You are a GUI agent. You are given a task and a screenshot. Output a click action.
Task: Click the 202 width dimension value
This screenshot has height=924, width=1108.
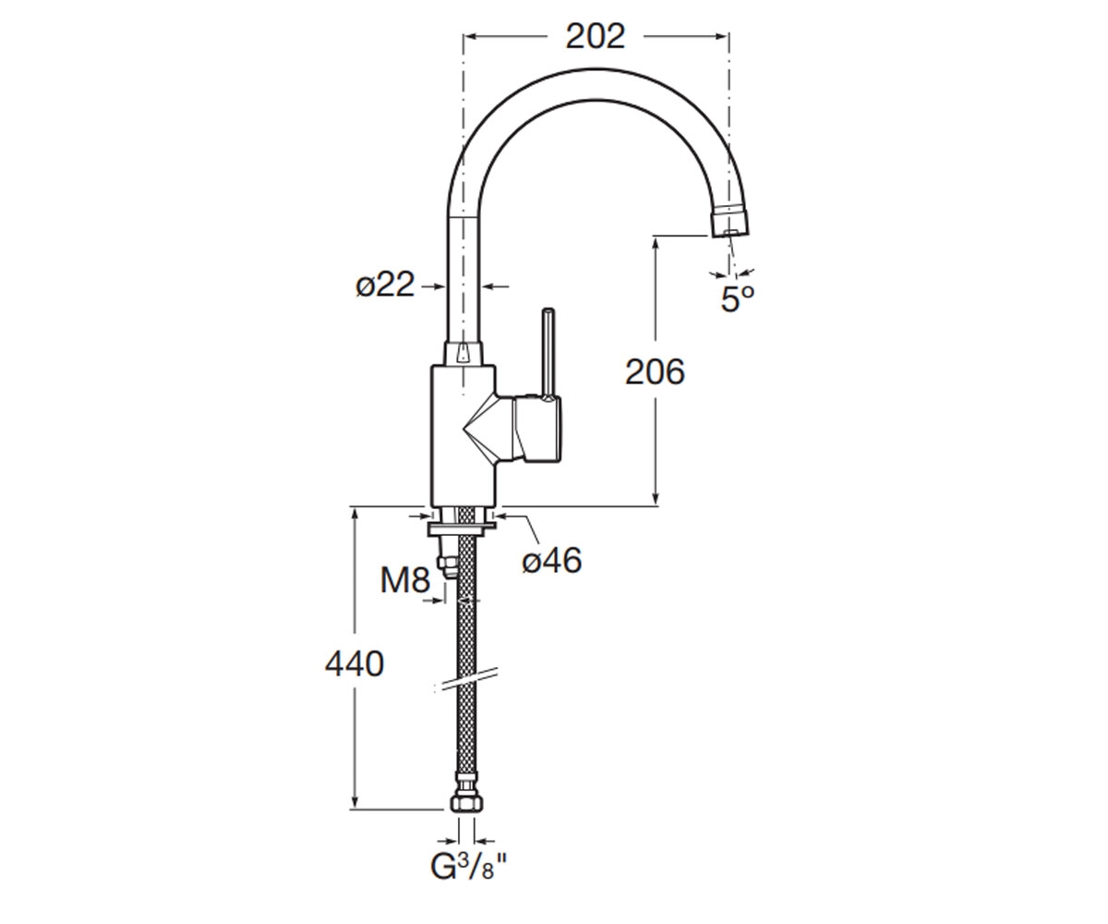(x=595, y=37)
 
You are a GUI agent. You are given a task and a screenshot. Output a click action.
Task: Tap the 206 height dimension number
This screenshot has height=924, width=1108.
(x=655, y=371)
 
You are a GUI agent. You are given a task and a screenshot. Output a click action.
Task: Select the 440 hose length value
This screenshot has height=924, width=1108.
(x=354, y=663)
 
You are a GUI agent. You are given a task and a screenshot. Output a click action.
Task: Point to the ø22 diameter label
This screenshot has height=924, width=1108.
(x=385, y=286)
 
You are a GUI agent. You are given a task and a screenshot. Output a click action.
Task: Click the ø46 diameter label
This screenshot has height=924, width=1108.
(x=551, y=560)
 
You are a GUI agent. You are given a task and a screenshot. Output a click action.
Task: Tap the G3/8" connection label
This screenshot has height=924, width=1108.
(x=468, y=868)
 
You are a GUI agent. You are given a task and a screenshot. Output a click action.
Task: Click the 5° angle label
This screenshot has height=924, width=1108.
(x=738, y=298)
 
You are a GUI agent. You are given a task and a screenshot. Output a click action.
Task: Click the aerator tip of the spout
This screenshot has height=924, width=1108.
(x=730, y=223)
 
